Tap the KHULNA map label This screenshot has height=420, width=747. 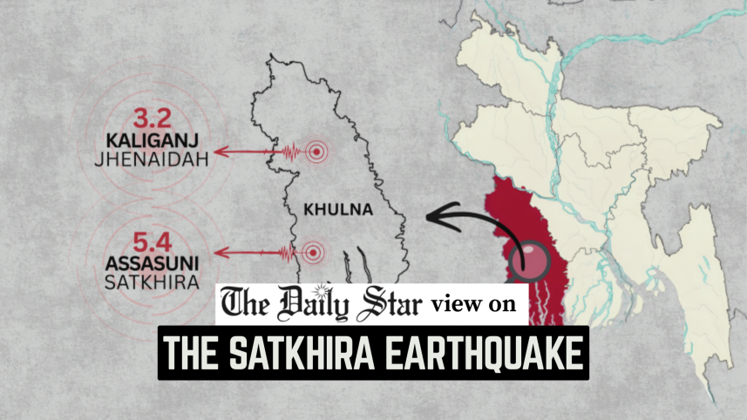[339, 210]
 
